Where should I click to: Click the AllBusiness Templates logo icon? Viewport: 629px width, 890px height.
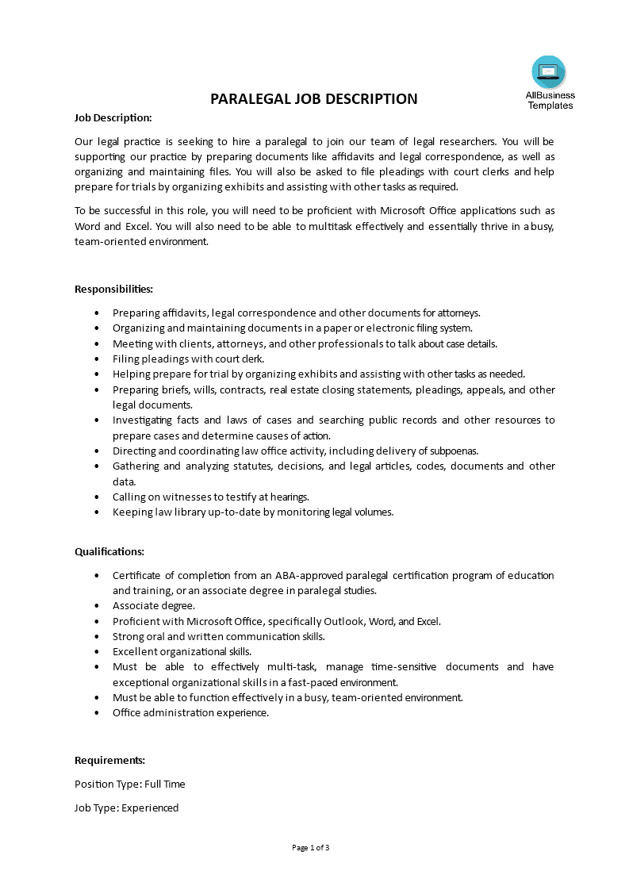pos(549,72)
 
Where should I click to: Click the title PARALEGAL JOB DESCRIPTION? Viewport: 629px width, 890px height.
pos(313,99)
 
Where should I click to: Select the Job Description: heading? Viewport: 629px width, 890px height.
pos(113,117)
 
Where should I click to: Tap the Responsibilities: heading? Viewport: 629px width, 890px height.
pos(113,289)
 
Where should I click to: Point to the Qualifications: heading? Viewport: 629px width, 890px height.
pos(109,551)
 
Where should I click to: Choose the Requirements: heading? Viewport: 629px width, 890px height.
pos(109,760)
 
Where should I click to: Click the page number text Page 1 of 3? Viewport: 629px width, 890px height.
pos(311,847)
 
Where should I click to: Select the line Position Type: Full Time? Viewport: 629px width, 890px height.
pos(129,784)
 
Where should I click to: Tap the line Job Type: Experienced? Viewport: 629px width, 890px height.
pos(126,808)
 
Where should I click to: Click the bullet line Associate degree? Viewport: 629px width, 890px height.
pos(153,605)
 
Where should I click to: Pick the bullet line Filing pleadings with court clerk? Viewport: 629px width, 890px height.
pos(186,359)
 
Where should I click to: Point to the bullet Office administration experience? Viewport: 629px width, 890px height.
pos(190,712)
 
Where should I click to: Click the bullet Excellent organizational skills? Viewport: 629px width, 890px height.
pos(182,651)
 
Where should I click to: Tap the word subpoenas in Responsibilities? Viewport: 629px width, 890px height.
pos(453,451)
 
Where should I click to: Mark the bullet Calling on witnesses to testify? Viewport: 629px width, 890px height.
pos(210,497)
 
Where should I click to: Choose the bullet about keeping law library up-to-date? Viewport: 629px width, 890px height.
pos(252,512)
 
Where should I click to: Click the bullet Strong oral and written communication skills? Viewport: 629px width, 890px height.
pos(218,636)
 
